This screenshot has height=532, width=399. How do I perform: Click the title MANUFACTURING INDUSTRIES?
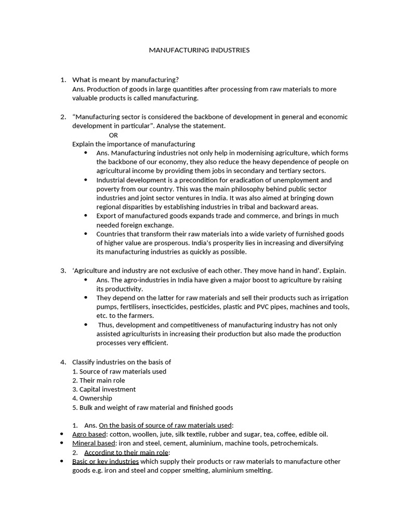click(199, 50)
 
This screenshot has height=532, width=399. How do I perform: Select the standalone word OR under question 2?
click(113, 135)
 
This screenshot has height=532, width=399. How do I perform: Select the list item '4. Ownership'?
click(92, 398)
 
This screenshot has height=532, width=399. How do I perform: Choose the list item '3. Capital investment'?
click(104, 389)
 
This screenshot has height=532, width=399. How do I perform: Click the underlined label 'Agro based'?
click(89, 434)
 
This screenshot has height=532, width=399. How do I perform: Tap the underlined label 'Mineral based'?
click(94, 443)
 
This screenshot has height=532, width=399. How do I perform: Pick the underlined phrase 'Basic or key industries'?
click(105, 461)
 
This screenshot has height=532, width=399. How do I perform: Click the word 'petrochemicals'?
click(293, 443)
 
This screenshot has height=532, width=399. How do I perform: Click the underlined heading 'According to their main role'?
click(127, 452)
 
